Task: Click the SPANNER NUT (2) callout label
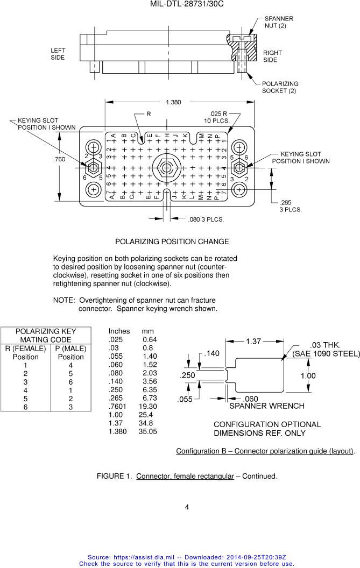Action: pyautogui.click(x=279, y=22)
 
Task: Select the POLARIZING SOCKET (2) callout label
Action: pyautogui.click(x=280, y=87)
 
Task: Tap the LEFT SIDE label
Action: pyautogui.click(x=58, y=54)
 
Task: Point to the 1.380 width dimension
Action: pyautogui.click(x=173, y=102)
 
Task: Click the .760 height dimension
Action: pyautogui.click(x=59, y=159)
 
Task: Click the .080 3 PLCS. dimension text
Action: pyautogui.click(x=206, y=219)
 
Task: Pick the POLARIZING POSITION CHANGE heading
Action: pyautogui.click(x=172, y=242)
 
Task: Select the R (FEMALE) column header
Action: pyautogui.click(x=25, y=348)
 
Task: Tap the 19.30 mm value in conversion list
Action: pyautogui.click(x=147, y=407)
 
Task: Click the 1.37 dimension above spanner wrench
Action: pyautogui.click(x=253, y=341)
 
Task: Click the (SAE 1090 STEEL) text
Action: pyautogui.click(x=326, y=353)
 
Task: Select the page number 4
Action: pyautogui.click(x=187, y=507)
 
